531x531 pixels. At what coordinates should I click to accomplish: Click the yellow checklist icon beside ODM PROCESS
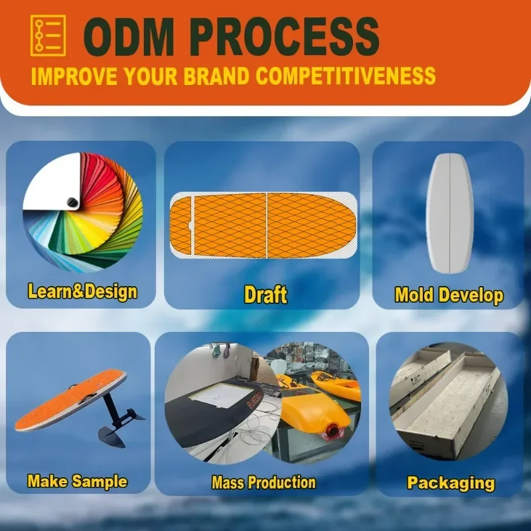click(48, 35)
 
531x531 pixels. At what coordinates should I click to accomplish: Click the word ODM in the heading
click(128, 37)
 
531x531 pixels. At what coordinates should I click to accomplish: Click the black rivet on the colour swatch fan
click(72, 202)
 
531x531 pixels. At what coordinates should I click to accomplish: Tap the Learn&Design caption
click(82, 291)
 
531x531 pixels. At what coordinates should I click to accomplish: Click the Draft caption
click(265, 294)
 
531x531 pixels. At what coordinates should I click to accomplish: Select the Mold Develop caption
click(449, 295)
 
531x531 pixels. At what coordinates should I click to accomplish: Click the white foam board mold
click(449, 214)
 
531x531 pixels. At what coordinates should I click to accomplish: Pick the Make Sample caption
click(77, 481)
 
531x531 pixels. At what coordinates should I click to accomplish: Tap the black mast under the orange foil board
click(112, 409)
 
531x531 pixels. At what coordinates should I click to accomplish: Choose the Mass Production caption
click(264, 483)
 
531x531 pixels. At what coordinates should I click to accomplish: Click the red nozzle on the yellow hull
click(333, 432)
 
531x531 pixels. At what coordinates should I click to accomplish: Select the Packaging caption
click(451, 483)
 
